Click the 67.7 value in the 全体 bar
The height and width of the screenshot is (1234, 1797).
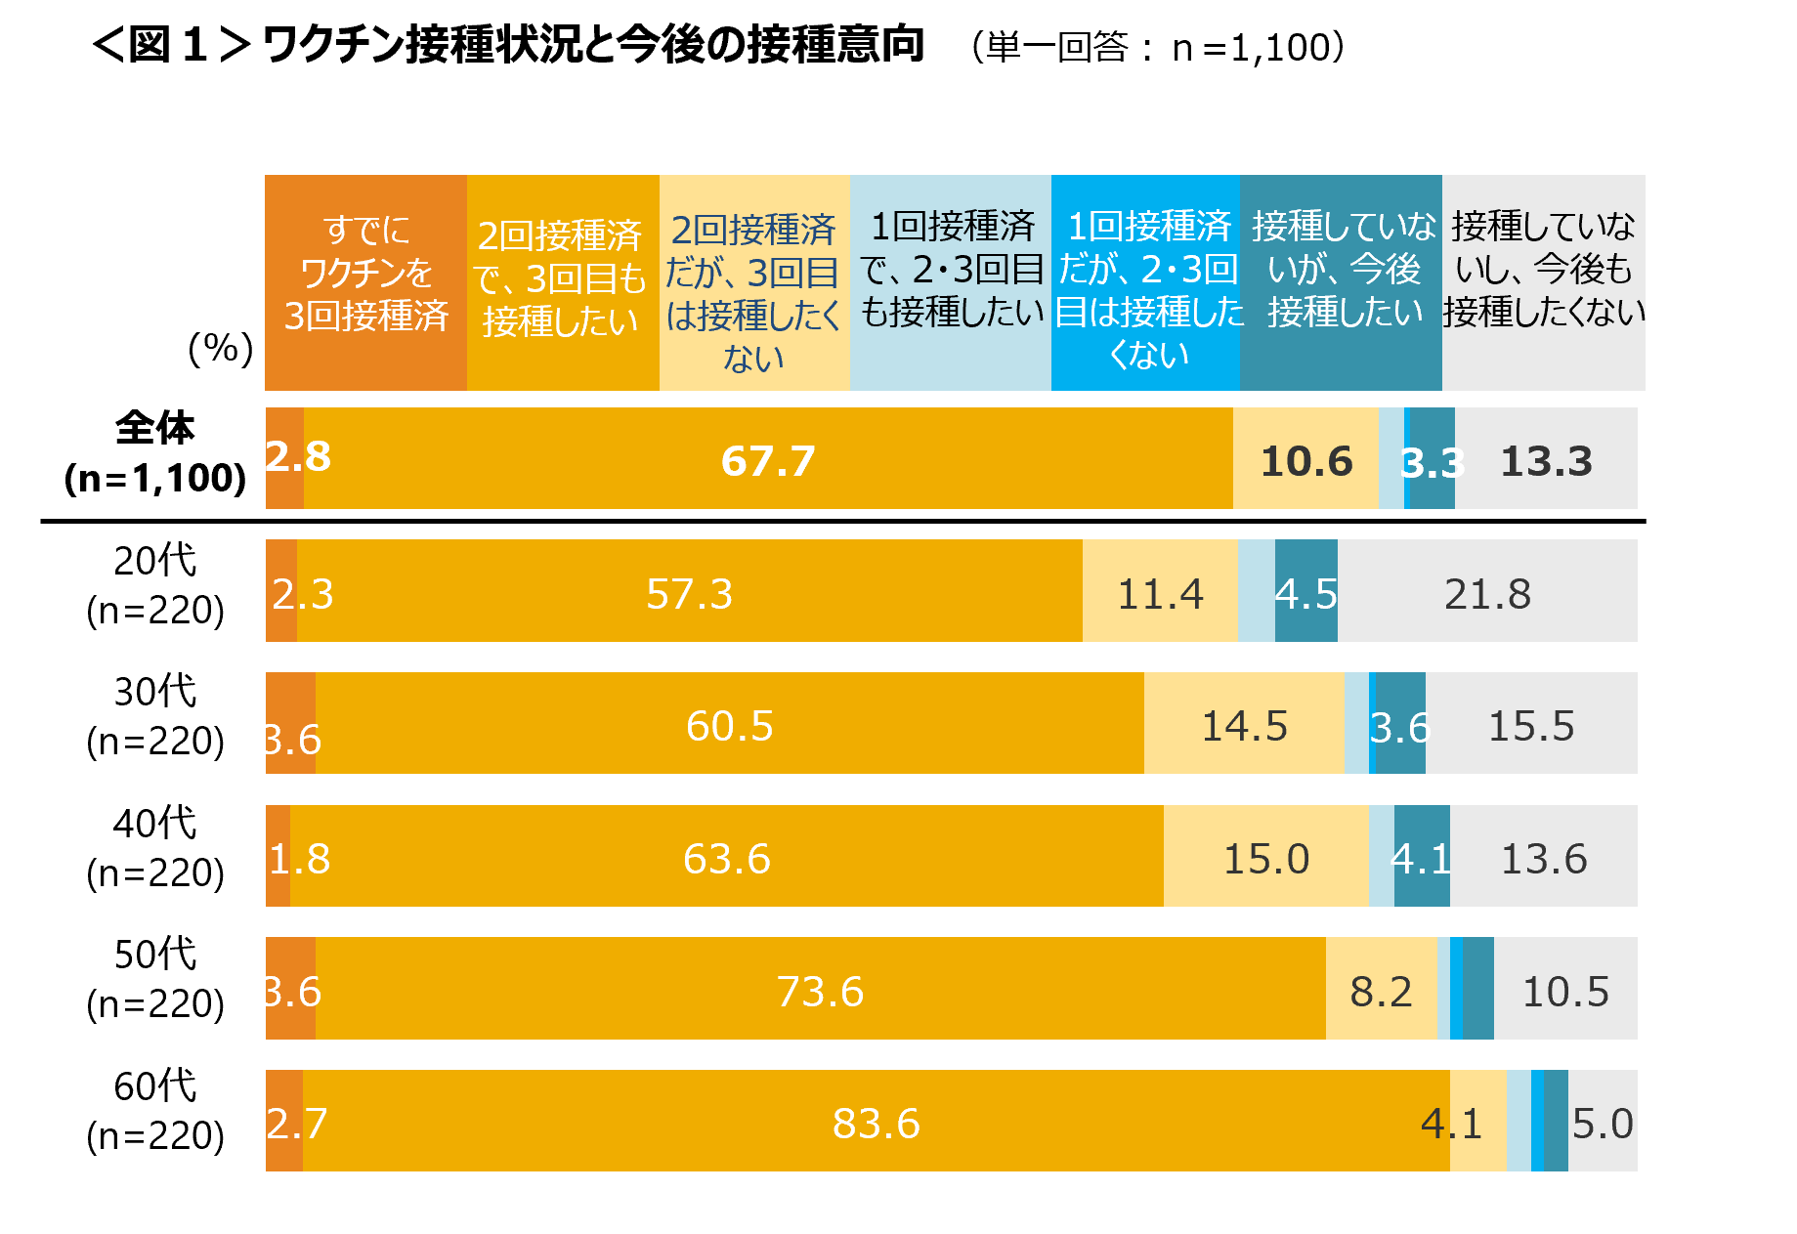[x=768, y=460]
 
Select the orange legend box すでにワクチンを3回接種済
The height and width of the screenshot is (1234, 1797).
[x=365, y=282]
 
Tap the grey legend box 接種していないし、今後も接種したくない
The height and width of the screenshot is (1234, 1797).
[x=1543, y=282]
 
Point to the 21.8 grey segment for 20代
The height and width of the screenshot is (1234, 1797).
[x=1487, y=592]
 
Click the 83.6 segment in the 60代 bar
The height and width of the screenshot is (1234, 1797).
[x=876, y=1122]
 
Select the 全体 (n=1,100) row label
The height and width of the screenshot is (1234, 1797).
[x=155, y=453]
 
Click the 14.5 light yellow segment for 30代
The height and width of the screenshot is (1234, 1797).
[x=1244, y=724]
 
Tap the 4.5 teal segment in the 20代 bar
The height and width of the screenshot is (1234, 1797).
[x=1306, y=592]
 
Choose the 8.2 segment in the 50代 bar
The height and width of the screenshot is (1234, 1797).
[x=1381, y=990]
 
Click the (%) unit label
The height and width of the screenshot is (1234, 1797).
[x=221, y=349]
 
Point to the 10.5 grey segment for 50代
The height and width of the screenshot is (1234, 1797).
[x=1565, y=990]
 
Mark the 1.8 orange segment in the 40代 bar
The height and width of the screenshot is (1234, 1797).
[x=278, y=857]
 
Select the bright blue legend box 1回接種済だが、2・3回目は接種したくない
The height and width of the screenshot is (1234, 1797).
[x=1145, y=282]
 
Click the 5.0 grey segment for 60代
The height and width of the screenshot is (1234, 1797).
[x=1603, y=1122]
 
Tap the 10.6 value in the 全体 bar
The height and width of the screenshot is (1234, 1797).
[x=1305, y=460]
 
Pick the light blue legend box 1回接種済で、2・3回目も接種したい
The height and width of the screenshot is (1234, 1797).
[x=951, y=282]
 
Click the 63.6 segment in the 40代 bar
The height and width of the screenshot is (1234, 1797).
[x=726, y=857]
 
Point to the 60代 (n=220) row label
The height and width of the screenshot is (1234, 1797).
[x=155, y=1111]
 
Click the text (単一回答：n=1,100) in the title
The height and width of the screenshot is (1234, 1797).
[x=1159, y=47]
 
